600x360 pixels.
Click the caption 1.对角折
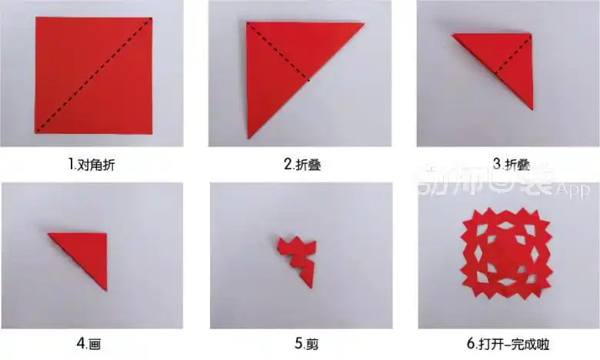(x=92, y=165)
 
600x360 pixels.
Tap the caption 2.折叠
(x=300, y=165)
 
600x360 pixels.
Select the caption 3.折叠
(x=508, y=164)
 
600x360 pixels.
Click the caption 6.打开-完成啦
(x=508, y=343)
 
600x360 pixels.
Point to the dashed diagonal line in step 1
(x=94, y=74)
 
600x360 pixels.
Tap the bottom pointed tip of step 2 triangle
(x=249, y=137)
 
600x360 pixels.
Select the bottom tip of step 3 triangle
(x=531, y=107)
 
